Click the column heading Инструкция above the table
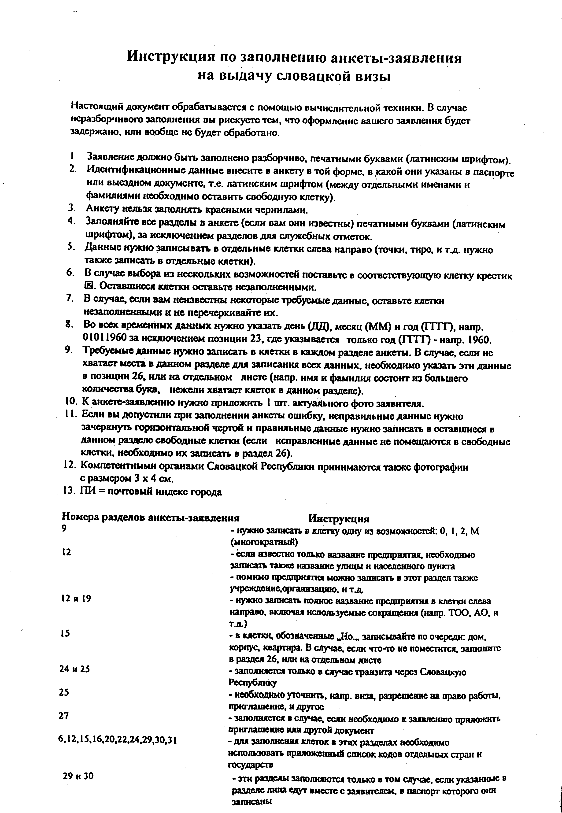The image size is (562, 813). tap(339, 519)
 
